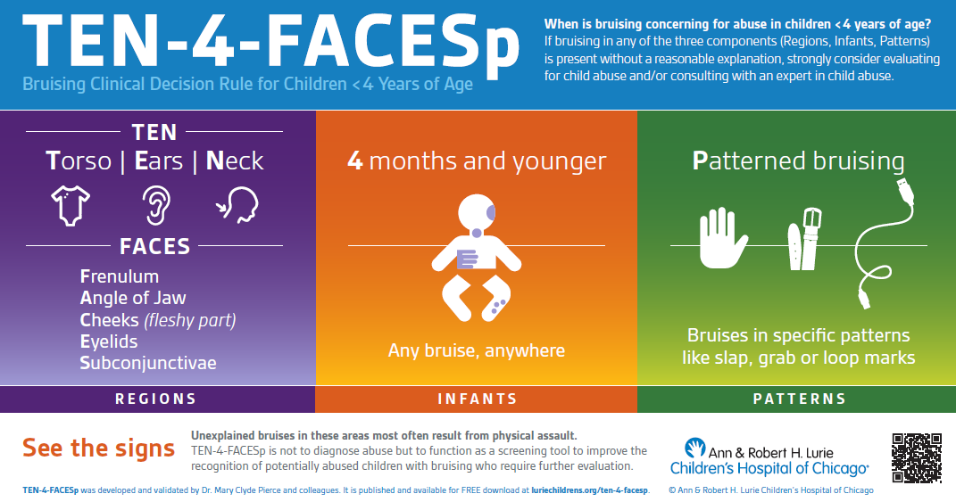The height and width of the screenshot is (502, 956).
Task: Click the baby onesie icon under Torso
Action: tap(71, 206)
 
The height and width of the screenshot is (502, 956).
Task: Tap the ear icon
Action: tap(156, 205)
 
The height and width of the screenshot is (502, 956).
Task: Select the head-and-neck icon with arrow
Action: tap(237, 205)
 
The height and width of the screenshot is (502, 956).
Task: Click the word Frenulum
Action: tap(120, 276)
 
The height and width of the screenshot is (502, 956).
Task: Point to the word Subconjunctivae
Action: tap(148, 363)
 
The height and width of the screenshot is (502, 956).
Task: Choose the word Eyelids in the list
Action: tap(109, 342)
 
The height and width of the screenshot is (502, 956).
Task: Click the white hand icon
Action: tap(722, 238)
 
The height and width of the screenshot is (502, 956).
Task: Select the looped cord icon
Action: tap(884, 243)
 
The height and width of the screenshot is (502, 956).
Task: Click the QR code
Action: tap(917, 458)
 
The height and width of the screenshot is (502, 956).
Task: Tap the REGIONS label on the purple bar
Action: tap(156, 399)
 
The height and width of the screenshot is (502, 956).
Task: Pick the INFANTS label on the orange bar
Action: tap(478, 399)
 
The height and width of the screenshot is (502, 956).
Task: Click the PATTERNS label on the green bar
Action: tap(799, 399)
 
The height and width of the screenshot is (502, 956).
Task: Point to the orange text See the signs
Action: tap(99, 449)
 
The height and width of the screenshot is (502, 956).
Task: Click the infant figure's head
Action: tap(477, 213)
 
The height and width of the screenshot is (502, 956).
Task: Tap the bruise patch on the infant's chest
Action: tap(468, 259)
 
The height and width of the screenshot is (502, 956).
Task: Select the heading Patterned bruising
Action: tap(799, 161)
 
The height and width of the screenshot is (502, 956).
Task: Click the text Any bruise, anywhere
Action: tap(477, 351)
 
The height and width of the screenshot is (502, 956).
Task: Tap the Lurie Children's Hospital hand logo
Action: tap(694, 448)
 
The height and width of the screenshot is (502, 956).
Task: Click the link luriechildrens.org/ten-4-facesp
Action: tap(590, 490)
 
